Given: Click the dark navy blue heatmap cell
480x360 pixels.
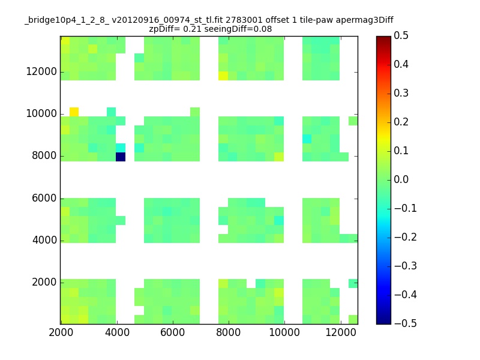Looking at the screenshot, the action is (x=121, y=157).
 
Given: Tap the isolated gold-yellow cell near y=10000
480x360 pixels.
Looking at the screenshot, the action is (x=74, y=112).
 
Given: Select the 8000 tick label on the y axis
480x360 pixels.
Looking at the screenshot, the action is (x=44, y=155).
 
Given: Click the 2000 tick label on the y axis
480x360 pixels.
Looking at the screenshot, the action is (x=44, y=282).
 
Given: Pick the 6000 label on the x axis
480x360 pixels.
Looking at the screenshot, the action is (x=173, y=332).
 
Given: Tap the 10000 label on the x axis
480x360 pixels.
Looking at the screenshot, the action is (x=284, y=332).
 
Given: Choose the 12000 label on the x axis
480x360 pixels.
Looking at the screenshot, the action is (x=341, y=332).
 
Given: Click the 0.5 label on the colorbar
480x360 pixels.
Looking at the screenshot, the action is (x=401, y=35).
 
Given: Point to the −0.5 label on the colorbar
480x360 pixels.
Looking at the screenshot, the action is (x=406, y=323).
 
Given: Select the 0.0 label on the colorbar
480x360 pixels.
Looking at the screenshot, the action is (x=401, y=179).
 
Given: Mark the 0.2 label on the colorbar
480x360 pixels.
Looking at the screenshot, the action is (x=401, y=122).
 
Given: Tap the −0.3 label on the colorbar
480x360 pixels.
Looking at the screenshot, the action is (x=406, y=266).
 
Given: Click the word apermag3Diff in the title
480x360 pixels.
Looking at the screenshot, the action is (x=365, y=20).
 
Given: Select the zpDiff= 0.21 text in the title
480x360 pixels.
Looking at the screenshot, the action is (x=175, y=29).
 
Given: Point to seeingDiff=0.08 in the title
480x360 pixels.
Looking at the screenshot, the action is (x=238, y=29).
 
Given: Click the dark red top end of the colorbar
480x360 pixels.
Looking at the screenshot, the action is (x=383, y=38).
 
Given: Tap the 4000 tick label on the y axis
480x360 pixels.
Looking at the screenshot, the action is (x=44, y=240).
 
